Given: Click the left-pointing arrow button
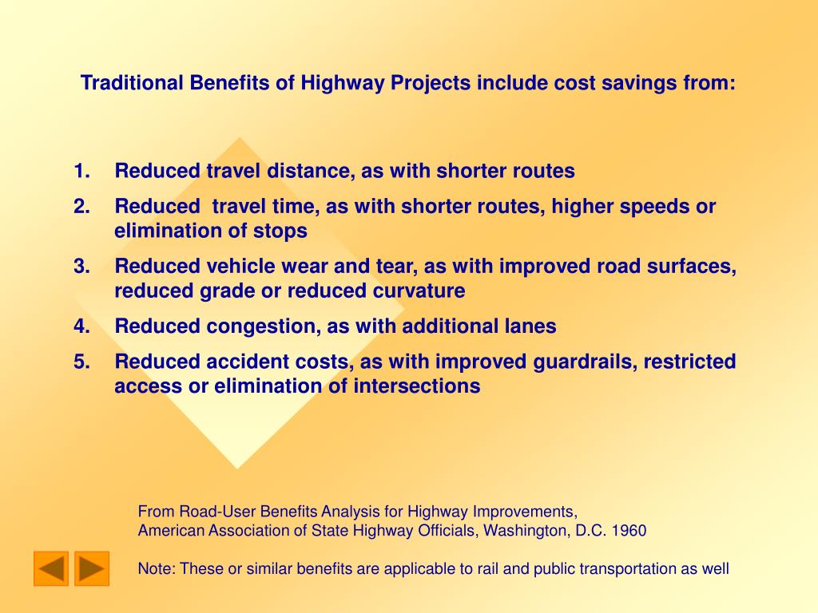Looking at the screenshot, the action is click(51, 568).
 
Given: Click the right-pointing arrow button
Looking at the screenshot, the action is click(92, 568).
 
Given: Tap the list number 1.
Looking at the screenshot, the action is click(82, 171).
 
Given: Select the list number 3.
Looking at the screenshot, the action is click(82, 267).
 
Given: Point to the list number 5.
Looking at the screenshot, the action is click(82, 362).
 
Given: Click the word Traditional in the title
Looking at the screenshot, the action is click(132, 83).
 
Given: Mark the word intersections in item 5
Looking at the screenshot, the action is click(417, 386).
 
